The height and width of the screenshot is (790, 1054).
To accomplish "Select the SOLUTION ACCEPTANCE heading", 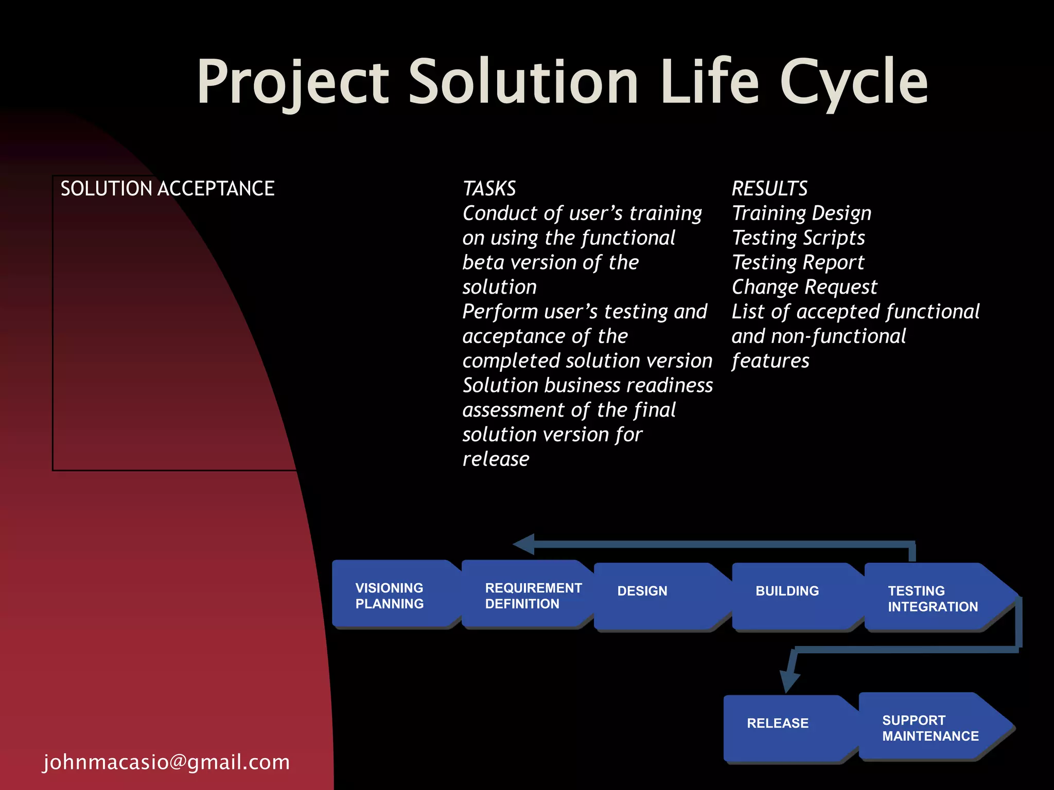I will (x=167, y=189).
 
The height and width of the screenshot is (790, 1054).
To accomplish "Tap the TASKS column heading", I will (x=489, y=189).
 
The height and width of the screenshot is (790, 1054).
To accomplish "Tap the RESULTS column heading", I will (x=769, y=189).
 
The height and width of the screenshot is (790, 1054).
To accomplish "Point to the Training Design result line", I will (x=801, y=213).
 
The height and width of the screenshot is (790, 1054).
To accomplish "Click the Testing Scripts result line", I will (x=798, y=238).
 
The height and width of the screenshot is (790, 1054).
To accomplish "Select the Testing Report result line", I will (x=798, y=262).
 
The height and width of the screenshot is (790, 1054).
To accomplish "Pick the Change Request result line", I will (x=804, y=287).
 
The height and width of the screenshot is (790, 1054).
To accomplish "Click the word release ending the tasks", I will (x=496, y=459).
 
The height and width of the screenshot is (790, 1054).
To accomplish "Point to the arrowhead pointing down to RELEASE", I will (x=789, y=681).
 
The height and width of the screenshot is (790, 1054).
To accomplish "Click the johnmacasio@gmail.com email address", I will (x=167, y=762).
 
